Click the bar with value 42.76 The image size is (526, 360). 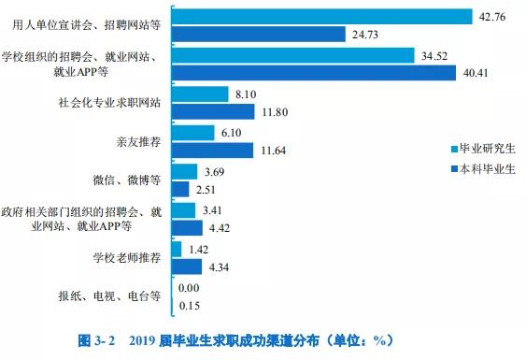point(322,16)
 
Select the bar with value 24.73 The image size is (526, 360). point(259,35)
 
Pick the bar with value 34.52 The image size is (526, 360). point(293,55)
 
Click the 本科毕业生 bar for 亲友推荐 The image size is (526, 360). point(213,150)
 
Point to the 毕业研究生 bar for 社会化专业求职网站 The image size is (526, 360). point(201,94)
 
